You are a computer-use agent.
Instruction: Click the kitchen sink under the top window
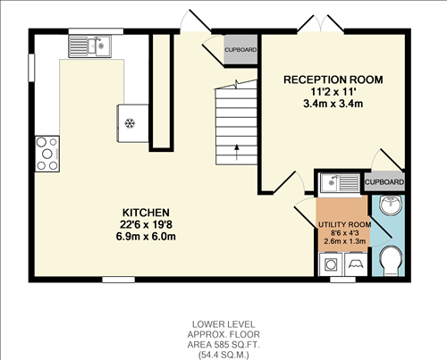pyautogui.click(x=96, y=44)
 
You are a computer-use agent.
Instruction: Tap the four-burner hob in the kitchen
pyautogui.click(x=46, y=153)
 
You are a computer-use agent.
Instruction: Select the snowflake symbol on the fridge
pyautogui.click(x=130, y=121)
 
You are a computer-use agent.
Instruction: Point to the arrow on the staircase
pyautogui.click(x=236, y=151)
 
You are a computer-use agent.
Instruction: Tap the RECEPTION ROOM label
pyautogui.click(x=333, y=80)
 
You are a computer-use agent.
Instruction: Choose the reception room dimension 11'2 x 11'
pyautogui.click(x=333, y=92)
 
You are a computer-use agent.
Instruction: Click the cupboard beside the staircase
pyautogui.click(x=240, y=50)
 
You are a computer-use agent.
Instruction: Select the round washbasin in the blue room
pyautogui.click(x=391, y=207)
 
